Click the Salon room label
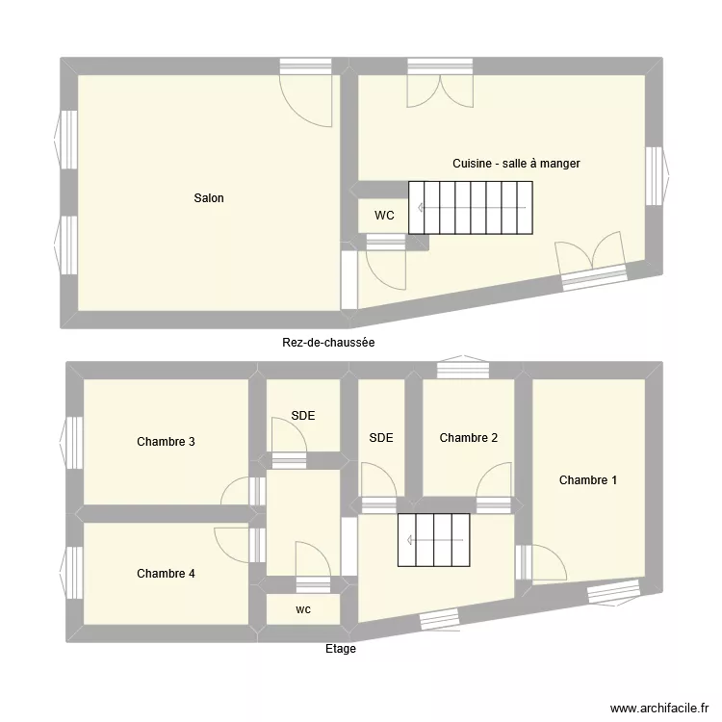pos(209,198)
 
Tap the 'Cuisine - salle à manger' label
pos(516,164)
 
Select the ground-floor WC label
pos(384,216)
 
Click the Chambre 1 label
pos(588,480)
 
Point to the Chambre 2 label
pos(469,438)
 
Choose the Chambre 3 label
pos(167,442)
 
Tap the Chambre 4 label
pos(167,574)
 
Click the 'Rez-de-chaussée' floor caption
pos(328,342)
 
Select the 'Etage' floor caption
pos(340,649)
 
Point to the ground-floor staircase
pos(470,208)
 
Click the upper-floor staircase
pos(433,540)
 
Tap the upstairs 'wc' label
pos(303,609)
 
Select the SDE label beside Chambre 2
pos(381,438)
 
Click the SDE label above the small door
pos(303,416)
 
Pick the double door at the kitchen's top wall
pos(439,87)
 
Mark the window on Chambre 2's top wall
pos(463,370)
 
